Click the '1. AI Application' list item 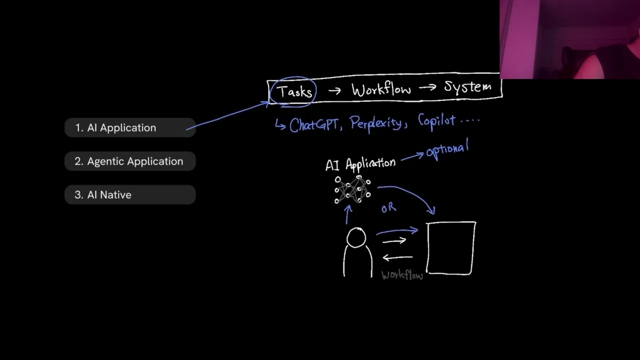tap(130, 127)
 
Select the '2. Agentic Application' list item tap(130, 161)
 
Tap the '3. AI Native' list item tap(130, 194)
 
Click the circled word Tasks tap(294, 91)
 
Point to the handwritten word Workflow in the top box tap(381, 89)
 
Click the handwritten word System tap(468, 86)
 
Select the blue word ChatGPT tap(313, 125)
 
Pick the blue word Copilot tap(436, 121)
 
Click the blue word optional tap(447, 149)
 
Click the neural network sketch tap(352, 189)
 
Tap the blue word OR tap(389, 208)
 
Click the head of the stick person tap(356, 237)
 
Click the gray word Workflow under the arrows tap(402, 275)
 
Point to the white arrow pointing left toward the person tap(397, 257)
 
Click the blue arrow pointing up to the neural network tap(347, 215)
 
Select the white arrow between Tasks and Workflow tap(334, 91)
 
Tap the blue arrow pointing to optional tap(412, 157)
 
